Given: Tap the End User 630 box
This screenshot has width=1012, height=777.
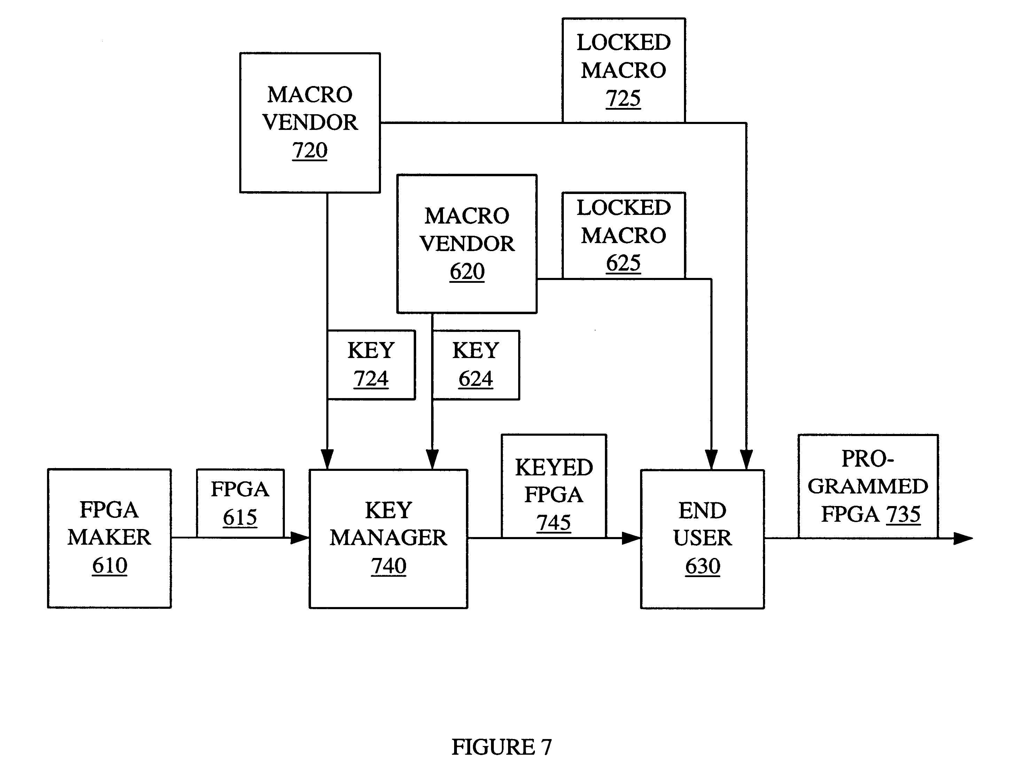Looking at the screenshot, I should pos(702,539).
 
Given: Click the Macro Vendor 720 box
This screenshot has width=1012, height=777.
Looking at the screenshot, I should pos(310,123).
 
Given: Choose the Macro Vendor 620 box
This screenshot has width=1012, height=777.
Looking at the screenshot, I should pos(467,244).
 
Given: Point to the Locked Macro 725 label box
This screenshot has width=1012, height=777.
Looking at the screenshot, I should pos(623,70).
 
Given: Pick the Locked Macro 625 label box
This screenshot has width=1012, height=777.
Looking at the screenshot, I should pos(623,235).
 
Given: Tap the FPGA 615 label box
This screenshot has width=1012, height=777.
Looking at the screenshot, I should pos(240,503).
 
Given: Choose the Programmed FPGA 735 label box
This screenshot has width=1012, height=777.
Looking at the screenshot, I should pos(868,486).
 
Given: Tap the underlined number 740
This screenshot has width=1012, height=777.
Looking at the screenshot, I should pos(389,566).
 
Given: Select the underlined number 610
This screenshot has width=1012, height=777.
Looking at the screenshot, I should pos(110,566).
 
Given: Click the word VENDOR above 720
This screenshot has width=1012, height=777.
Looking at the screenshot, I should pos(310,123).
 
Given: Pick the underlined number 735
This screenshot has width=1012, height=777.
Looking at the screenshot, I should pos(903,514).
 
